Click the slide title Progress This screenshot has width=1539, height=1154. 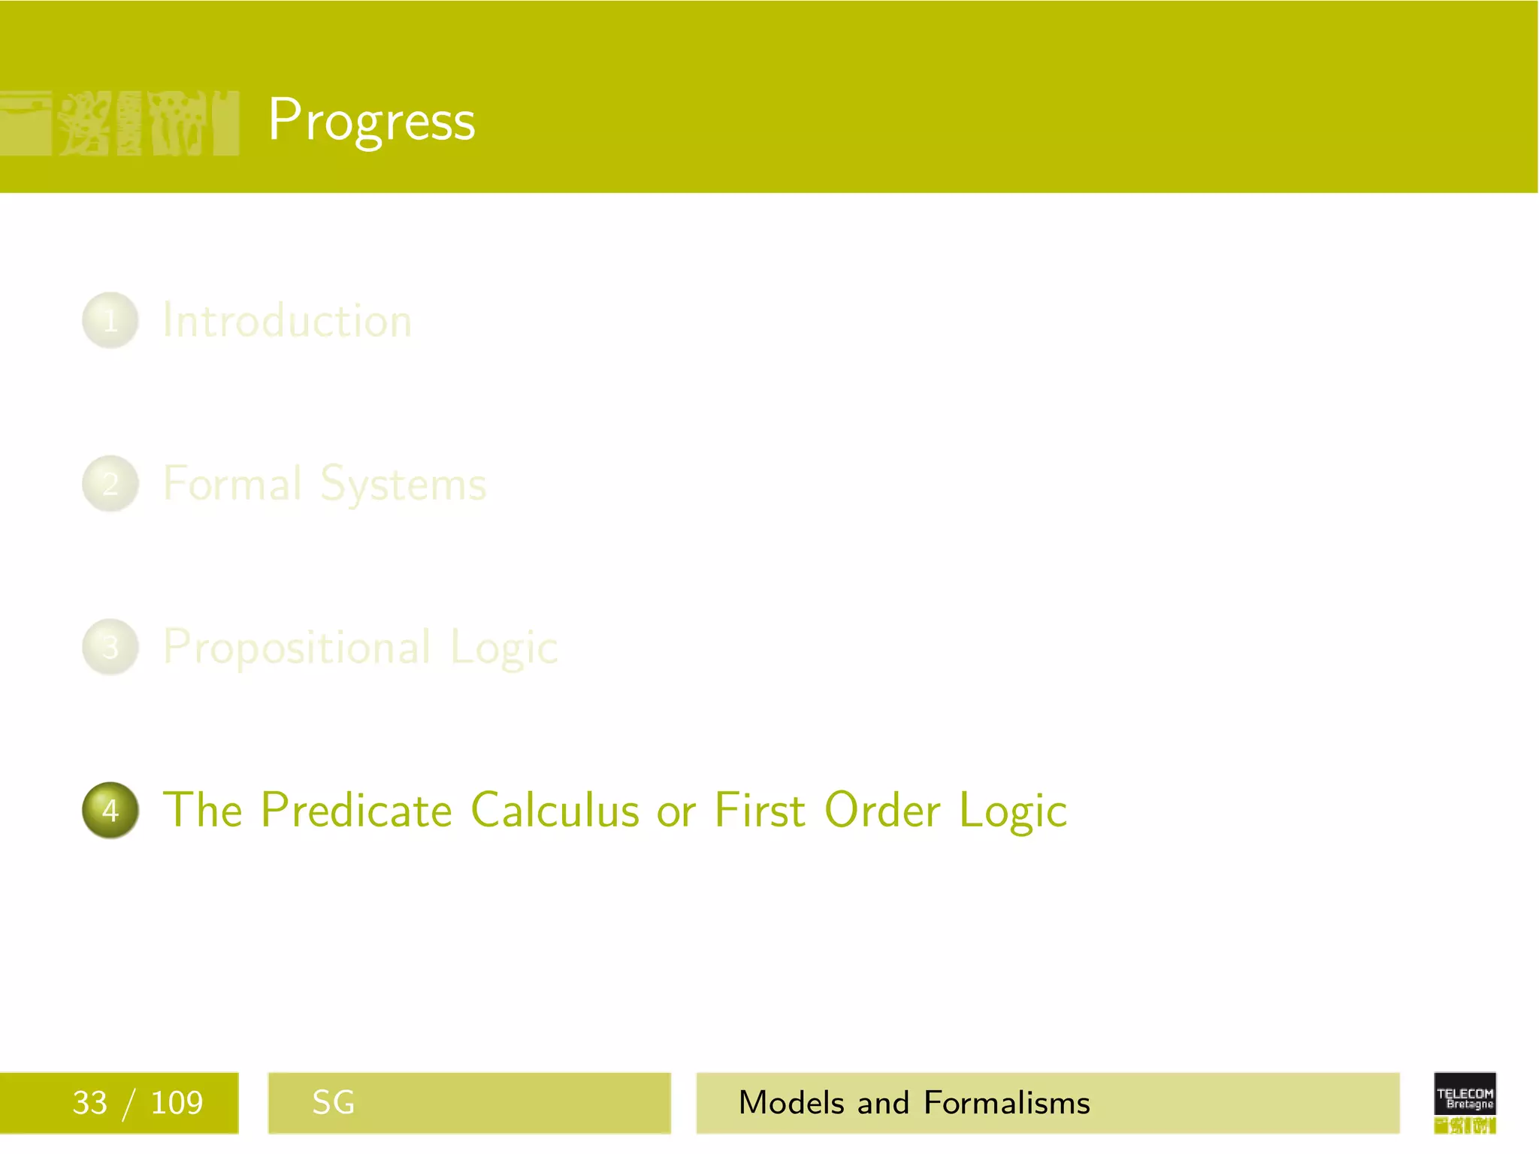[371, 120]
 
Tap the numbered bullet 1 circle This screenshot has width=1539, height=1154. [110, 321]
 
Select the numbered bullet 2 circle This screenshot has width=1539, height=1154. [110, 484]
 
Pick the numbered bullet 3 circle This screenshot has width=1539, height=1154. [110, 647]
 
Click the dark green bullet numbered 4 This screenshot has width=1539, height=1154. [110, 810]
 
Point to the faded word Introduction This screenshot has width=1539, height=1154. [287, 321]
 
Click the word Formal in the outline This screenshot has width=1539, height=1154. [232, 484]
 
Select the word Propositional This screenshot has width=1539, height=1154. [298, 648]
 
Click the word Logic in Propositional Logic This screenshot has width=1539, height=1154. [504, 648]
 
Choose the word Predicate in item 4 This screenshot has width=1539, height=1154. [356, 810]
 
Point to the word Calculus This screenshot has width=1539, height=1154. [555, 810]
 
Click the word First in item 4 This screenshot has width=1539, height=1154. [760, 810]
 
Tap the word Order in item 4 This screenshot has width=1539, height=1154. [882, 810]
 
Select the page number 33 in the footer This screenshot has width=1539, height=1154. [89, 1103]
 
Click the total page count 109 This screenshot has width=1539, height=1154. [177, 1103]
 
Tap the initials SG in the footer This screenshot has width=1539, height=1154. [333, 1103]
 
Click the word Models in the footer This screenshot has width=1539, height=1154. [791, 1103]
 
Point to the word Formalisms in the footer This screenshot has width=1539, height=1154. [1006, 1103]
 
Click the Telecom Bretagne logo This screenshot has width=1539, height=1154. [1465, 1102]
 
